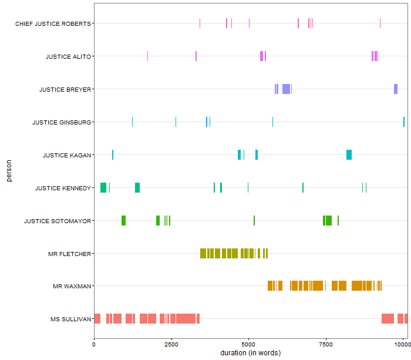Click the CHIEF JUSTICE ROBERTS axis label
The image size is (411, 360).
click(53, 23)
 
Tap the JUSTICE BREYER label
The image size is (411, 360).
click(65, 89)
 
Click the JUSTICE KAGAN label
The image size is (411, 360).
click(66, 155)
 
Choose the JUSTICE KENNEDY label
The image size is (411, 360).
click(62, 188)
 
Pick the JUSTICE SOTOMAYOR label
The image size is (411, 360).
click(57, 221)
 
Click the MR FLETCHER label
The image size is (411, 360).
click(69, 254)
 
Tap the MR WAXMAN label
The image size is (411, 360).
click(72, 287)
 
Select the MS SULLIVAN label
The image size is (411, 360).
click(70, 319)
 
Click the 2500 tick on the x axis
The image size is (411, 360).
click(171, 345)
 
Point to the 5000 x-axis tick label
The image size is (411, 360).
click(249, 345)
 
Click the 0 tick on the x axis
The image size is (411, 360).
click(94, 345)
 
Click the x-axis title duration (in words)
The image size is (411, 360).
click(250, 353)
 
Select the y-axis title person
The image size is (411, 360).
click(9, 171)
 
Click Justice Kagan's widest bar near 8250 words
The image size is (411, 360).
click(349, 154)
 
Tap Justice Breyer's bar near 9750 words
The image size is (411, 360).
click(396, 89)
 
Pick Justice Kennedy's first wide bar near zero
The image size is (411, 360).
click(103, 187)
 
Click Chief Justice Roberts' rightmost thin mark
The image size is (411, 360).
click(380, 23)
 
